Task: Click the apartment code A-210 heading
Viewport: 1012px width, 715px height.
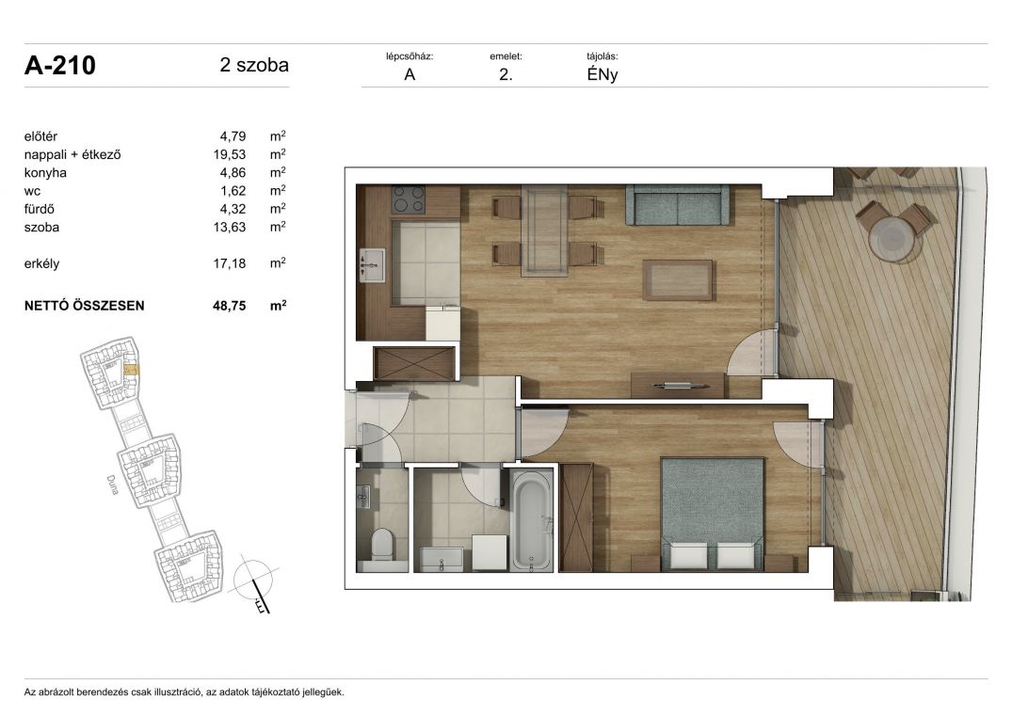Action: point(60,66)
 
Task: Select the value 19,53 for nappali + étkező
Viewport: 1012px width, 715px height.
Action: point(229,154)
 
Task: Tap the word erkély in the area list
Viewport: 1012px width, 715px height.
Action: point(42,263)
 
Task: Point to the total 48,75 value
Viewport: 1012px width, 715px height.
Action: point(229,306)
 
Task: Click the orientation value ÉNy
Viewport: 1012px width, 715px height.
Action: point(602,74)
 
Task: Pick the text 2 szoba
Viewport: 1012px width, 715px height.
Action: point(254,65)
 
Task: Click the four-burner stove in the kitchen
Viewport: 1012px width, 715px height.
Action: point(410,199)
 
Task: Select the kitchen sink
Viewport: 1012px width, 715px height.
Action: point(372,265)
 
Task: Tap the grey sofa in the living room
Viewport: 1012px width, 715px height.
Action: point(677,204)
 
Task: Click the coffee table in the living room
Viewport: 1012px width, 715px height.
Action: point(678,279)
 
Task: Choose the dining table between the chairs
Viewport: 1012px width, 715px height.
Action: point(545,230)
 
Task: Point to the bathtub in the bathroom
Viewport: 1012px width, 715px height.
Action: point(532,519)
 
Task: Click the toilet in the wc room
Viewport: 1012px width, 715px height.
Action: point(382,545)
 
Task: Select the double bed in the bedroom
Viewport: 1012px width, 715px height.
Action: point(713,514)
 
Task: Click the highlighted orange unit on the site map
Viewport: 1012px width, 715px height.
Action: point(131,370)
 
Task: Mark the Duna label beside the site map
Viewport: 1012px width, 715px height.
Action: point(112,485)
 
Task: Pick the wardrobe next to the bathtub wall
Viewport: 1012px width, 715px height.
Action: point(576,517)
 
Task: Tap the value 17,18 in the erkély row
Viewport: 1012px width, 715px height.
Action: point(229,263)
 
